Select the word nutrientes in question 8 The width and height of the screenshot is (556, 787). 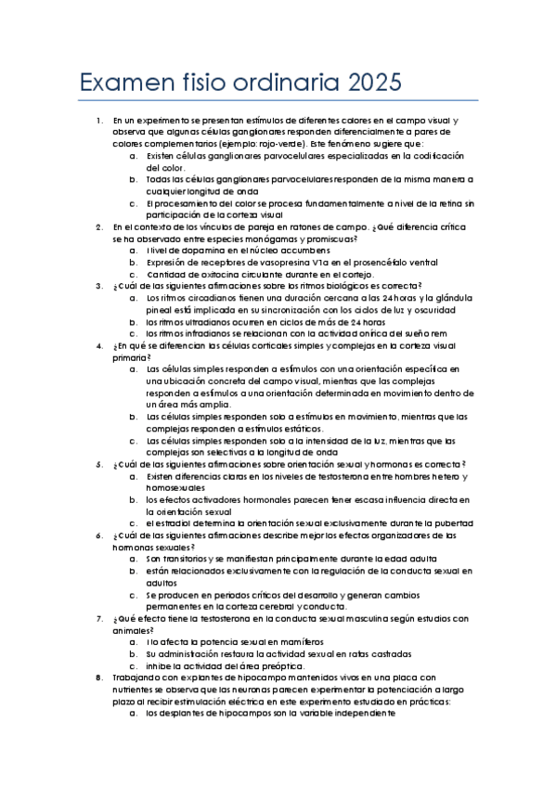[x=137, y=691]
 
